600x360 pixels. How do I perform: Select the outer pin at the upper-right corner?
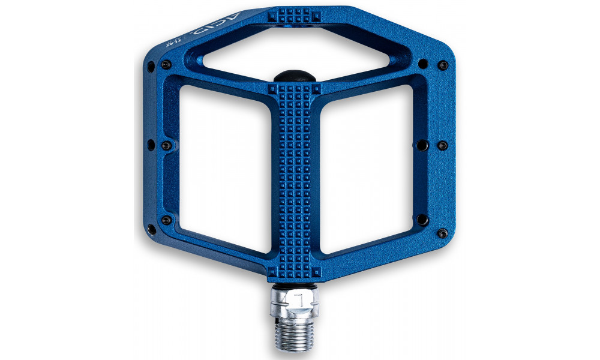tap(443, 65)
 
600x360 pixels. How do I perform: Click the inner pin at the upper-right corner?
tap(424, 62)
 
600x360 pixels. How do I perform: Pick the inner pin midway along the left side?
tap(166, 145)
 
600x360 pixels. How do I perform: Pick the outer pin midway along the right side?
tap(443, 145)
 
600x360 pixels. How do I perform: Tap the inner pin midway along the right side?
tap(422, 145)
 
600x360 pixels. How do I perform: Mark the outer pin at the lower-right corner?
tap(442, 233)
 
